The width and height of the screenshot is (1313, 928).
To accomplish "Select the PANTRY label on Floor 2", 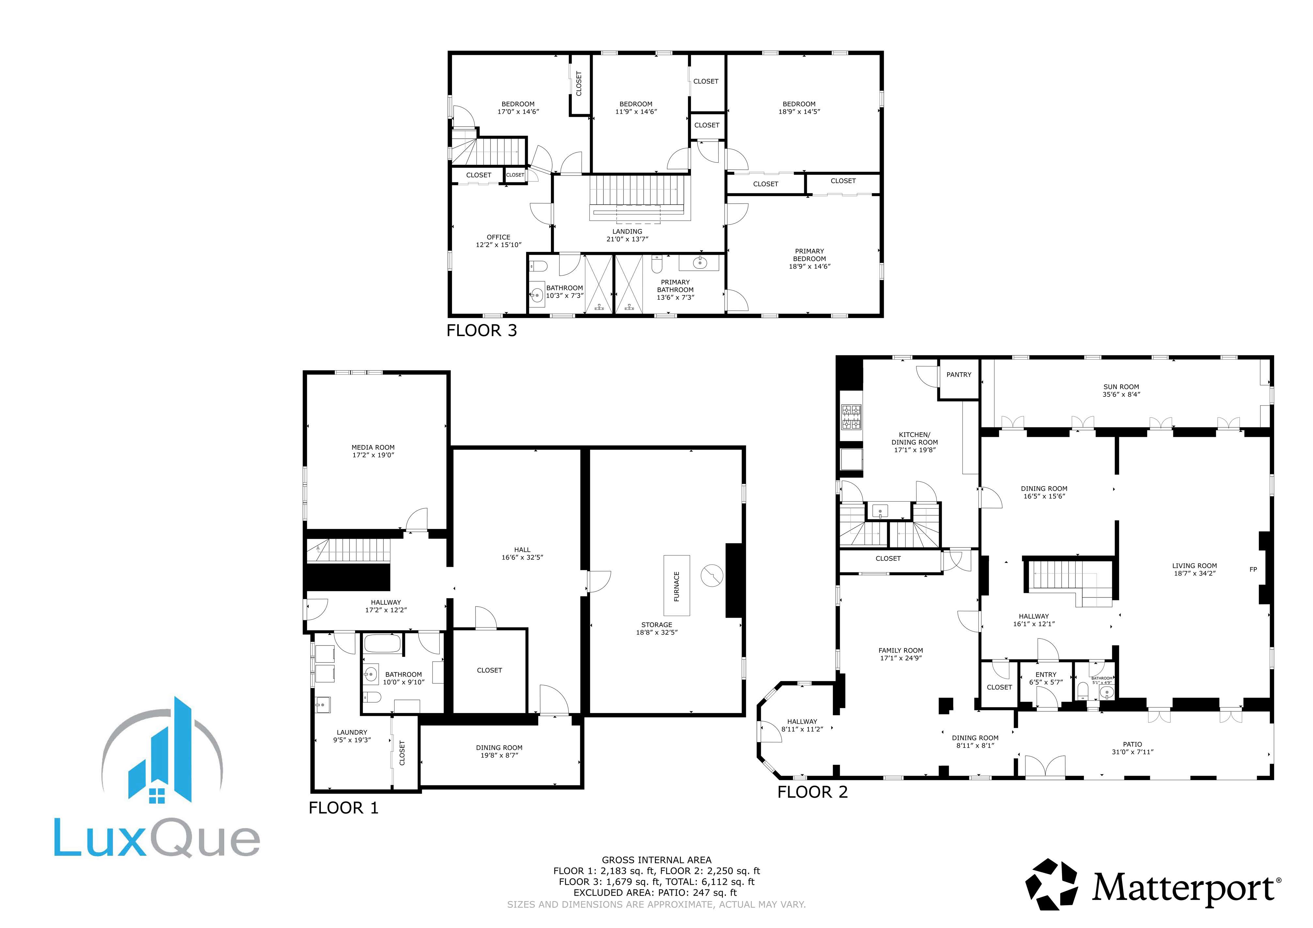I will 959,375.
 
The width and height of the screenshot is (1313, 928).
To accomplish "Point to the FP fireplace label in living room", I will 1253,569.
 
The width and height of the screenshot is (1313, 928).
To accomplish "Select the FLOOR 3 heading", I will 481,331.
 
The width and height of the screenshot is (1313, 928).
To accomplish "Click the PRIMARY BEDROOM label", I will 809,255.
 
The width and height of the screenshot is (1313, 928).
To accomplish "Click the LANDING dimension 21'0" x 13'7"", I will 627,239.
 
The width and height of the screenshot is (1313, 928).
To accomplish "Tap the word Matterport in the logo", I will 1183,888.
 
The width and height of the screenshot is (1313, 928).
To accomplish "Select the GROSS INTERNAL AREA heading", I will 657,860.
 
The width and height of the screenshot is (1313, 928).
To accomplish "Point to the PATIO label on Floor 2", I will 1132,745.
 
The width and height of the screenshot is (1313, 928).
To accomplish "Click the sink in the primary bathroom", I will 699,263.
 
